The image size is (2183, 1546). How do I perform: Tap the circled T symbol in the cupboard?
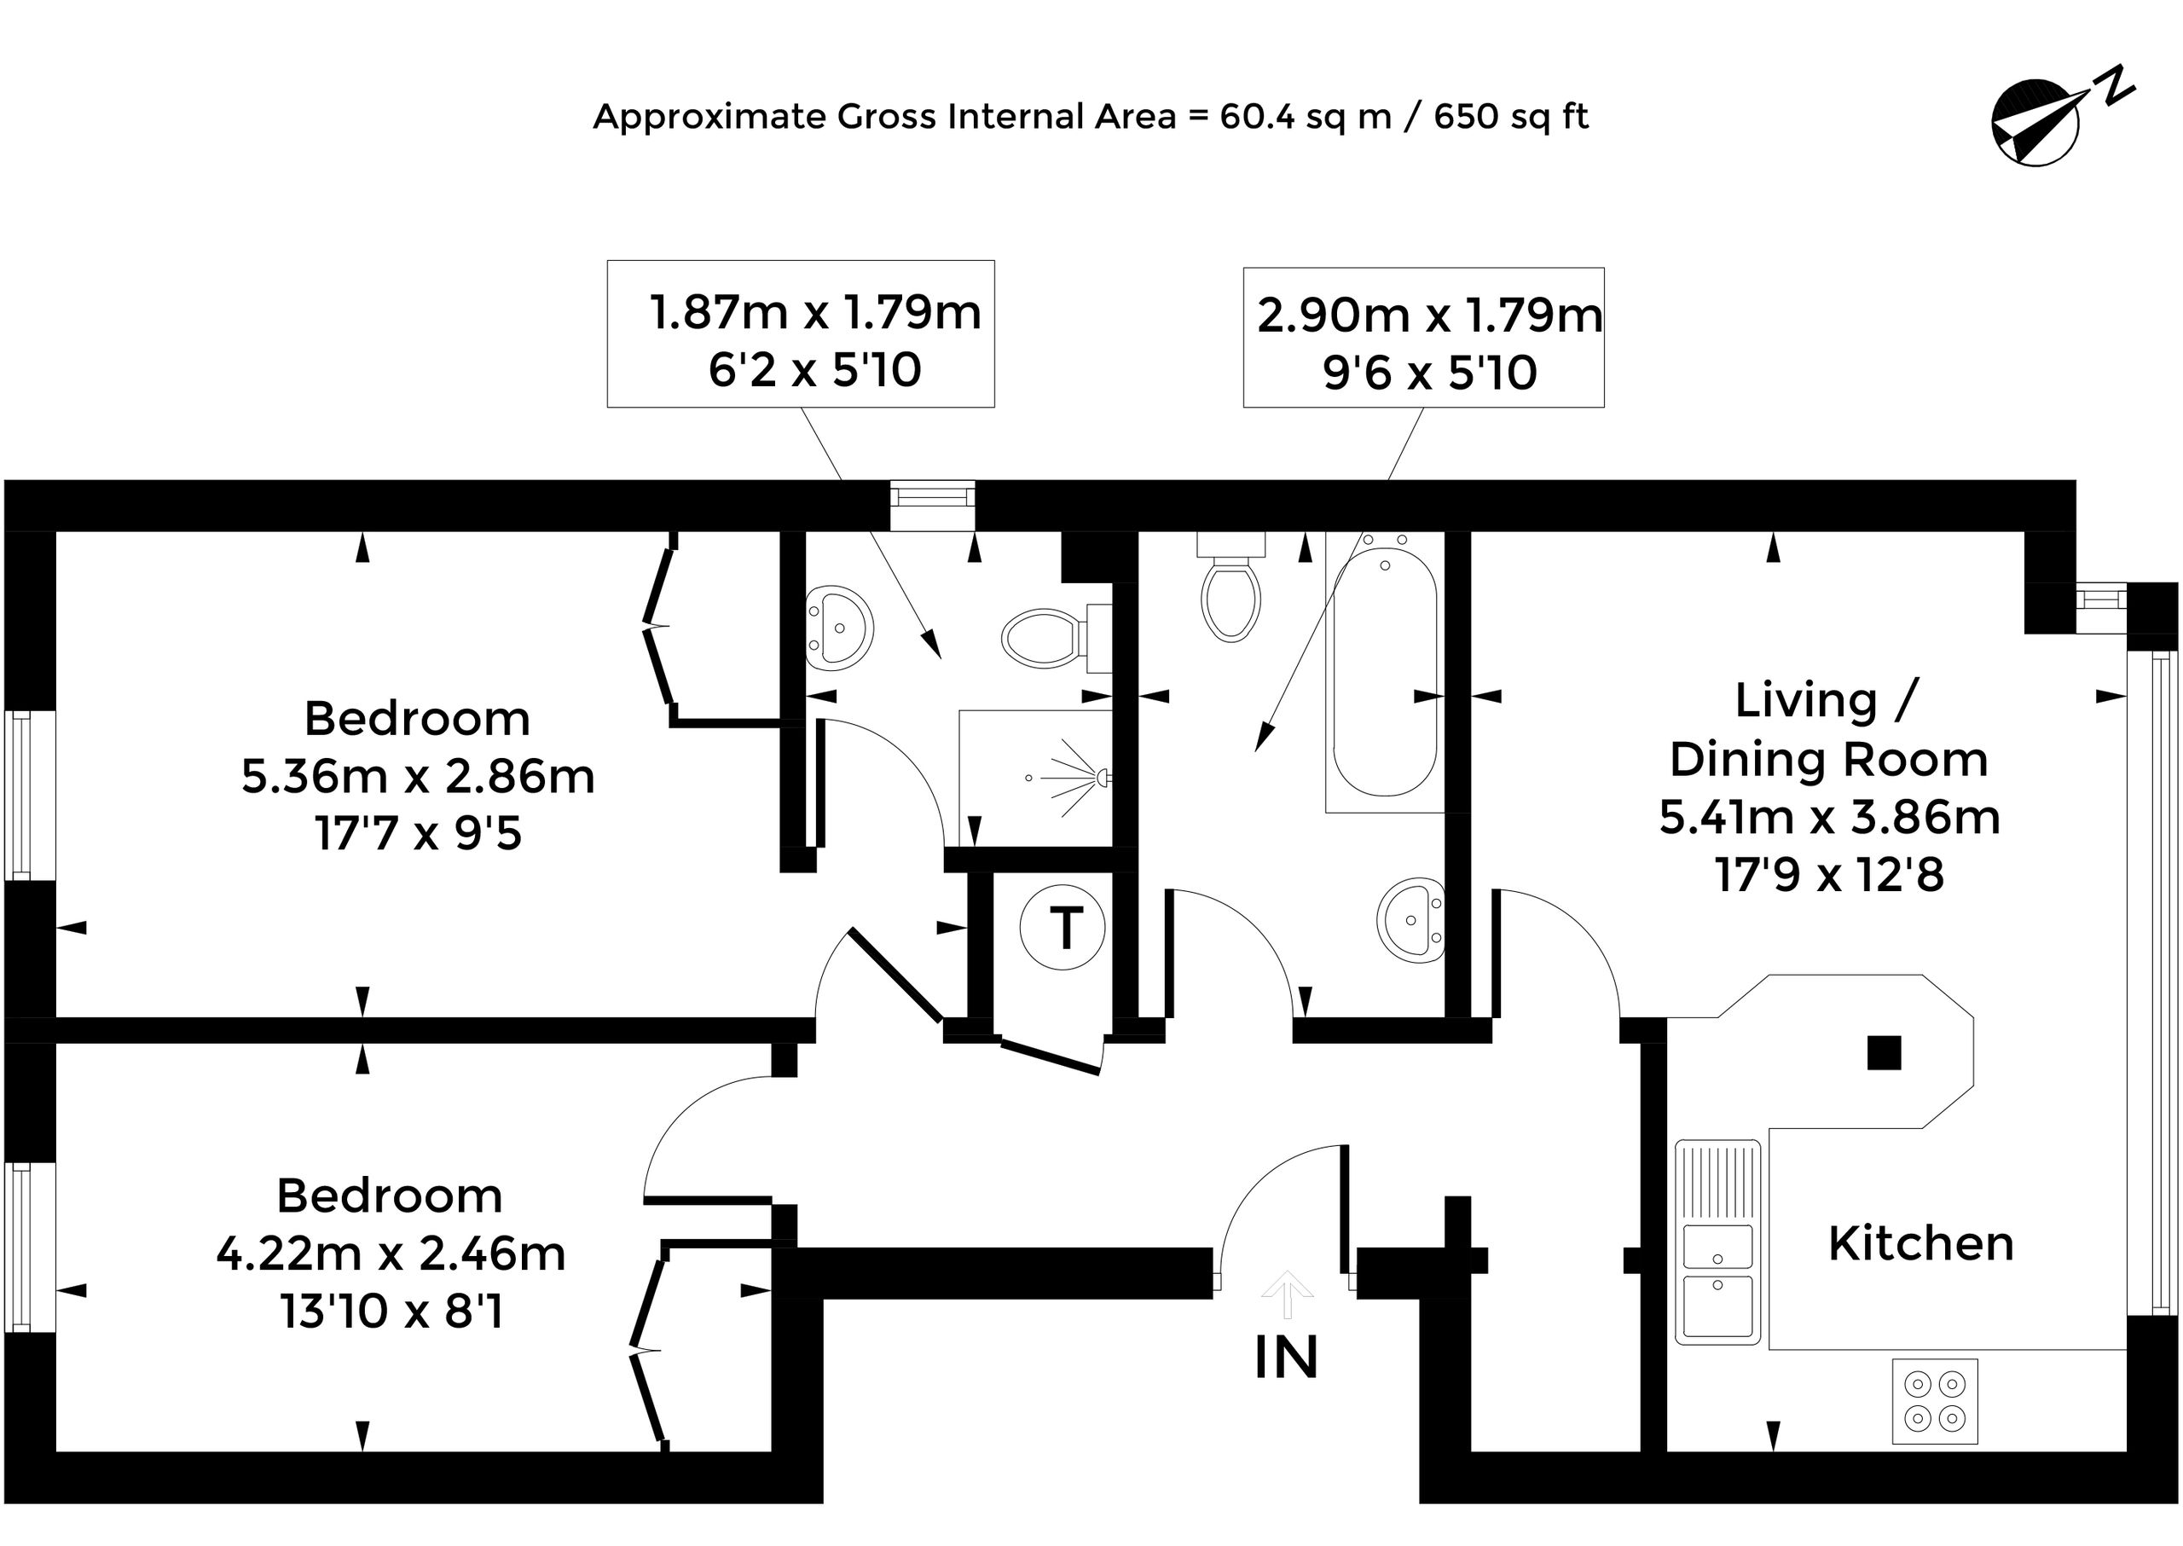(1063, 927)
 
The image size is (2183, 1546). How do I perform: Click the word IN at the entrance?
(1286, 1358)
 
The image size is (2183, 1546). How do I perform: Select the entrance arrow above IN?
(1287, 1294)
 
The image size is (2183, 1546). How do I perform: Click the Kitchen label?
(1921, 1243)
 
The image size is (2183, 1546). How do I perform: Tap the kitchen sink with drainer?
(1717, 1242)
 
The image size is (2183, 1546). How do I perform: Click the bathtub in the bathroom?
(1384, 672)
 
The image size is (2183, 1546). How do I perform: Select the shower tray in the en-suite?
(1036, 778)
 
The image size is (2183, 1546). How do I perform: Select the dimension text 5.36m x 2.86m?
(418, 777)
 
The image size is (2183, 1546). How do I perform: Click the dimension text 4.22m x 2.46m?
(391, 1254)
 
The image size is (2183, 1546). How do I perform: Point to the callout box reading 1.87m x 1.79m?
(801, 334)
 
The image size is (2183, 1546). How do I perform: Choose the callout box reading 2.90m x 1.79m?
(1423, 338)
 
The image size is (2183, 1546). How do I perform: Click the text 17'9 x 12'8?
(1829, 875)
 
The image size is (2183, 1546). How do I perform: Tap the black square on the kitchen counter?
(1884, 1053)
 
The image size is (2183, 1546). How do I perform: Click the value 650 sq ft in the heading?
(1511, 117)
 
